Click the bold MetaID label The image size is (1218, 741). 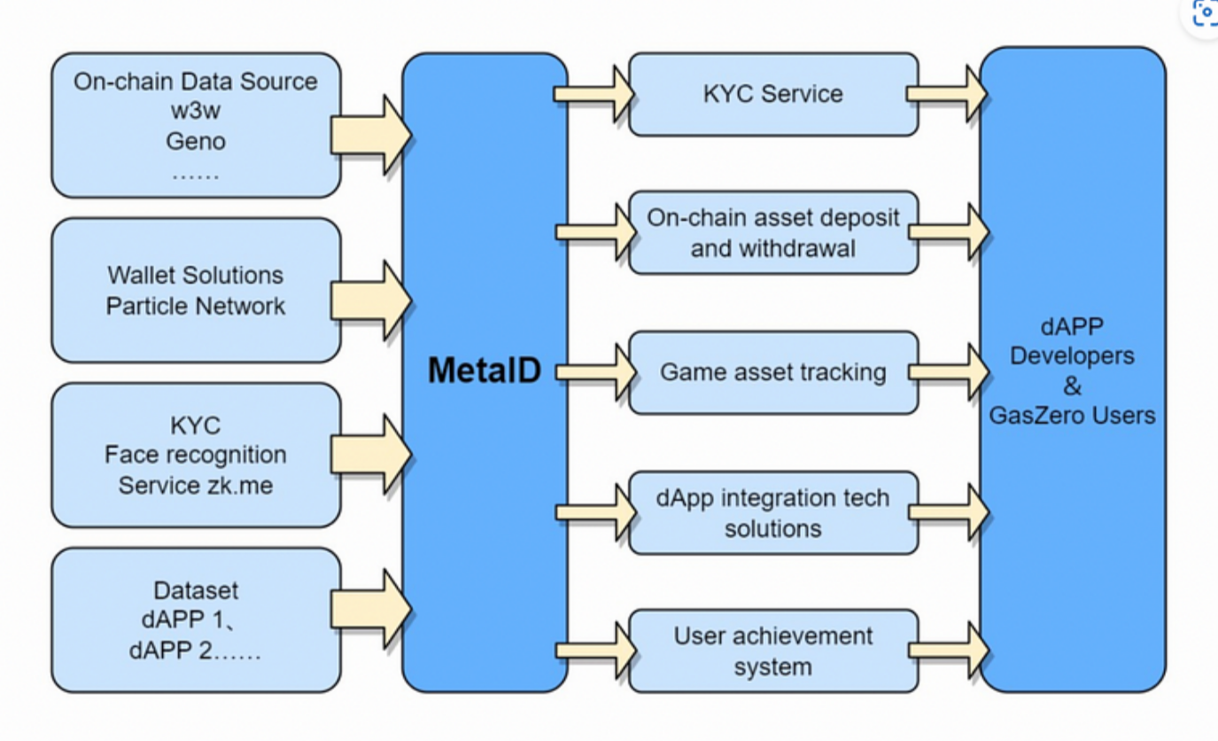point(485,370)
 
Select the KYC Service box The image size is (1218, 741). point(773,94)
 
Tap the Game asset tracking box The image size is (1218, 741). point(773,372)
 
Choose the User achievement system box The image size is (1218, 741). point(773,651)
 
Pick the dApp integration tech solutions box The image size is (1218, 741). point(773,512)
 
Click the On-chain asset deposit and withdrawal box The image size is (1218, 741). point(773,232)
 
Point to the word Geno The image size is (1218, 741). point(196,141)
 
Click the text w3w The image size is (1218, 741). point(196,111)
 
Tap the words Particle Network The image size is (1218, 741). point(196,307)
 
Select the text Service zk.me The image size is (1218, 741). point(196,486)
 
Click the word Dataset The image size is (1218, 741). point(196,590)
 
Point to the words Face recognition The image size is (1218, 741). point(196,455)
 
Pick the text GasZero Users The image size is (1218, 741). point(1072,415)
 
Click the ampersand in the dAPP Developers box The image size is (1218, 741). point(1072,386)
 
